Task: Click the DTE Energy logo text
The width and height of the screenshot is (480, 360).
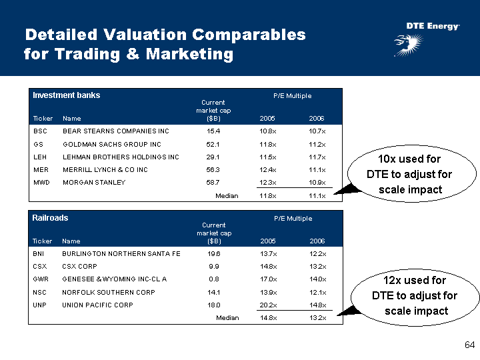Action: [x=433, y=26]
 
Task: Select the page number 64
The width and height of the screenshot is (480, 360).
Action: [x=469, y=345]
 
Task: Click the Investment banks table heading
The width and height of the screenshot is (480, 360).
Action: [x=66, y=95]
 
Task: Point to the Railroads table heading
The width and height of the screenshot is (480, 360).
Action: [x=50, y=218]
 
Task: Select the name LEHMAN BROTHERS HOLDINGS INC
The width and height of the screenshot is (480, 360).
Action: [x=121, y=157]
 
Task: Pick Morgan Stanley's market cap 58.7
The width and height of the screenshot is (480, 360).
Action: [x=213, y=182]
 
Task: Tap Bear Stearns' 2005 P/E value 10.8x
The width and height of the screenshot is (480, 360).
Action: [x=267, y=131]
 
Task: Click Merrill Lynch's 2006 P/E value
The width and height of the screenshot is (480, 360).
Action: [x=317, y=169]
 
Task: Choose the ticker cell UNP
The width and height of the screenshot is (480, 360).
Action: [x=40, y=305]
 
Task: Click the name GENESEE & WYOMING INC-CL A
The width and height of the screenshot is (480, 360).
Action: [x=114, y=279]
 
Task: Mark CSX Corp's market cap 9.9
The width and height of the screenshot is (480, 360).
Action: [x=214, y=267]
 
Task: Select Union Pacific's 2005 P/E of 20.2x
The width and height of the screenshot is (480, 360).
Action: [x=268, y=305]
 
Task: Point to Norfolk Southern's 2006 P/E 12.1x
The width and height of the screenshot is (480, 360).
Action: [x=317, y=292]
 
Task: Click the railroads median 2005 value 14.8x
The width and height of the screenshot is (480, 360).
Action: [x=268, y=318]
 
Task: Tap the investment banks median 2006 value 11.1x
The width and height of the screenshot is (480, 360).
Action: [x=317, y=195]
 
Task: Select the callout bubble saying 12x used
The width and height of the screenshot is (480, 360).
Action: [x=415, y=295]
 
